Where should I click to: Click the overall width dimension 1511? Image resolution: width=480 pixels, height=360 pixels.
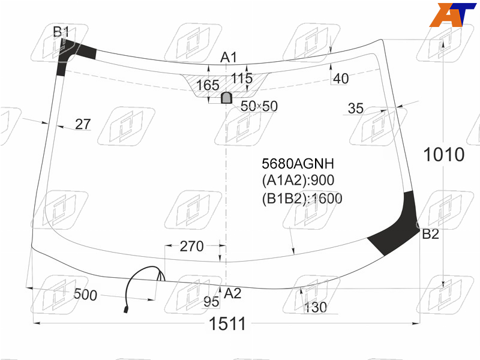click(x=227, y=323)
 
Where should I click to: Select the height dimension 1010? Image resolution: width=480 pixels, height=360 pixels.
click(x=444, y=154)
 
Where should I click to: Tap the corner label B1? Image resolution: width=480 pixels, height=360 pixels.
click(x=61, y=32)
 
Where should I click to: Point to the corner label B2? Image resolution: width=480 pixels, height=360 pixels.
click(x=430, y=234)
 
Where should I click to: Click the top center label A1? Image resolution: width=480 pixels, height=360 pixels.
click(x=229, y=57)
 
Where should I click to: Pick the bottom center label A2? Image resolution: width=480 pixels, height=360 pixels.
click(x=233, y=293)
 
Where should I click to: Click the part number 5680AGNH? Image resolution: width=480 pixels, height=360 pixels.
click(x=298, y=163)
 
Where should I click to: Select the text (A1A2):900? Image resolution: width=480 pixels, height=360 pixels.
click(x=298, y=181)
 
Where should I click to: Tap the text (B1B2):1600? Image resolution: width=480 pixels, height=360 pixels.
click(x=302, y=199)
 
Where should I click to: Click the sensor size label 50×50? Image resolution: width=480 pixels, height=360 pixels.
click(x=259, y=106)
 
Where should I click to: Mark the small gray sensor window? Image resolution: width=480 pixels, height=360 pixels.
click(x=226, y=98)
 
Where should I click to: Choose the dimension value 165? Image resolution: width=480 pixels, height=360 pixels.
click(x=208, y=85)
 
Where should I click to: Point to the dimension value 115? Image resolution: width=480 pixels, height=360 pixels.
click(x=242, y=78)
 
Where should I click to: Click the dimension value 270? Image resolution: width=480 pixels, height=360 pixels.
click(x=191, y=246)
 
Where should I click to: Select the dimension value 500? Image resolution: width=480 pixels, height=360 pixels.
click(x=85, y=295)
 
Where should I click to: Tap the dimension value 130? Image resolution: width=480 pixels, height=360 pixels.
click(x=316, y=307)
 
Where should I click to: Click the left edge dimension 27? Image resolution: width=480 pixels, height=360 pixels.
click(x=83, y=124)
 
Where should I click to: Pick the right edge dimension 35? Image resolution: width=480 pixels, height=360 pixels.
click(x=356, y=108)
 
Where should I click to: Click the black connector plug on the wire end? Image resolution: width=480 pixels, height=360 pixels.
click(x=126, y=310)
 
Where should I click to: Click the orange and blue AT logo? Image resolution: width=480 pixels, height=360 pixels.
click(x=453, y=15)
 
